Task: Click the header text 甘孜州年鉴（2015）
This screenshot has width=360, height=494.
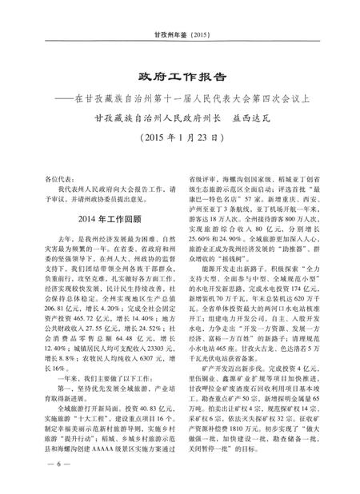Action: pos(180,35)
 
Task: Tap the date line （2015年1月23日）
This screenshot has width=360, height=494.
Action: pos(179,136)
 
